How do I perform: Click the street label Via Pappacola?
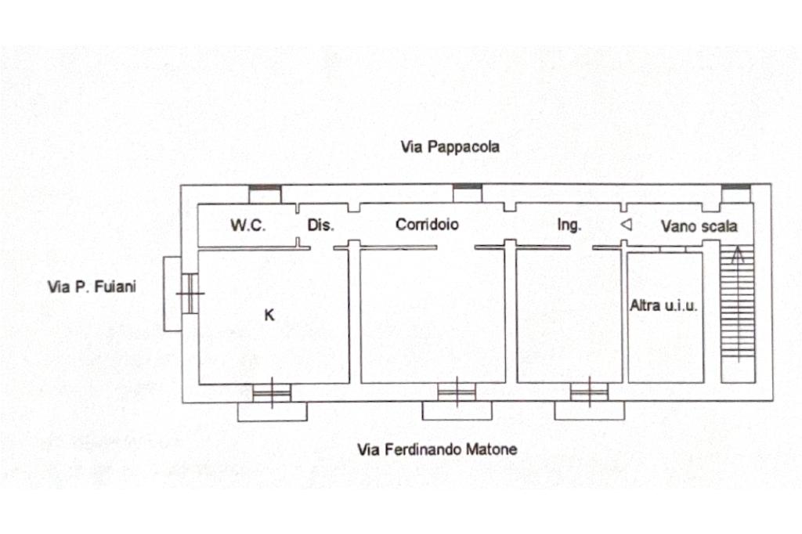pos(450,146)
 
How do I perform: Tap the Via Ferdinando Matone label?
pos(437,449)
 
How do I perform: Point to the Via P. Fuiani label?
pos(92,287)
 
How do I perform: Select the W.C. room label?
pos(247,226)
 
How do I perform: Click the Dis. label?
pos(320,226)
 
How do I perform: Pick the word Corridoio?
pos(427,225)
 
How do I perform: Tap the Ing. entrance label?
pos(569,226)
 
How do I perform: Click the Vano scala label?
pos(699,226)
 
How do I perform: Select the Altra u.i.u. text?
pos(663,306)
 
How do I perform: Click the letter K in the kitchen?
pos(269,316)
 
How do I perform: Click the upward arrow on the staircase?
pos(737,256)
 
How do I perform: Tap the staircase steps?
pos(737,313)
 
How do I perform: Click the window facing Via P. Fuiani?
pos(190,294)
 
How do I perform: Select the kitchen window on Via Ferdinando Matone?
pos(272,392)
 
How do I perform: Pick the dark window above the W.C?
pos(265,189)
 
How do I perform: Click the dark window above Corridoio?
pos(468,188)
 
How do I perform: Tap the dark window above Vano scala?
pos(735,188)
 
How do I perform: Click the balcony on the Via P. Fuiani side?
pos(172,294)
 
